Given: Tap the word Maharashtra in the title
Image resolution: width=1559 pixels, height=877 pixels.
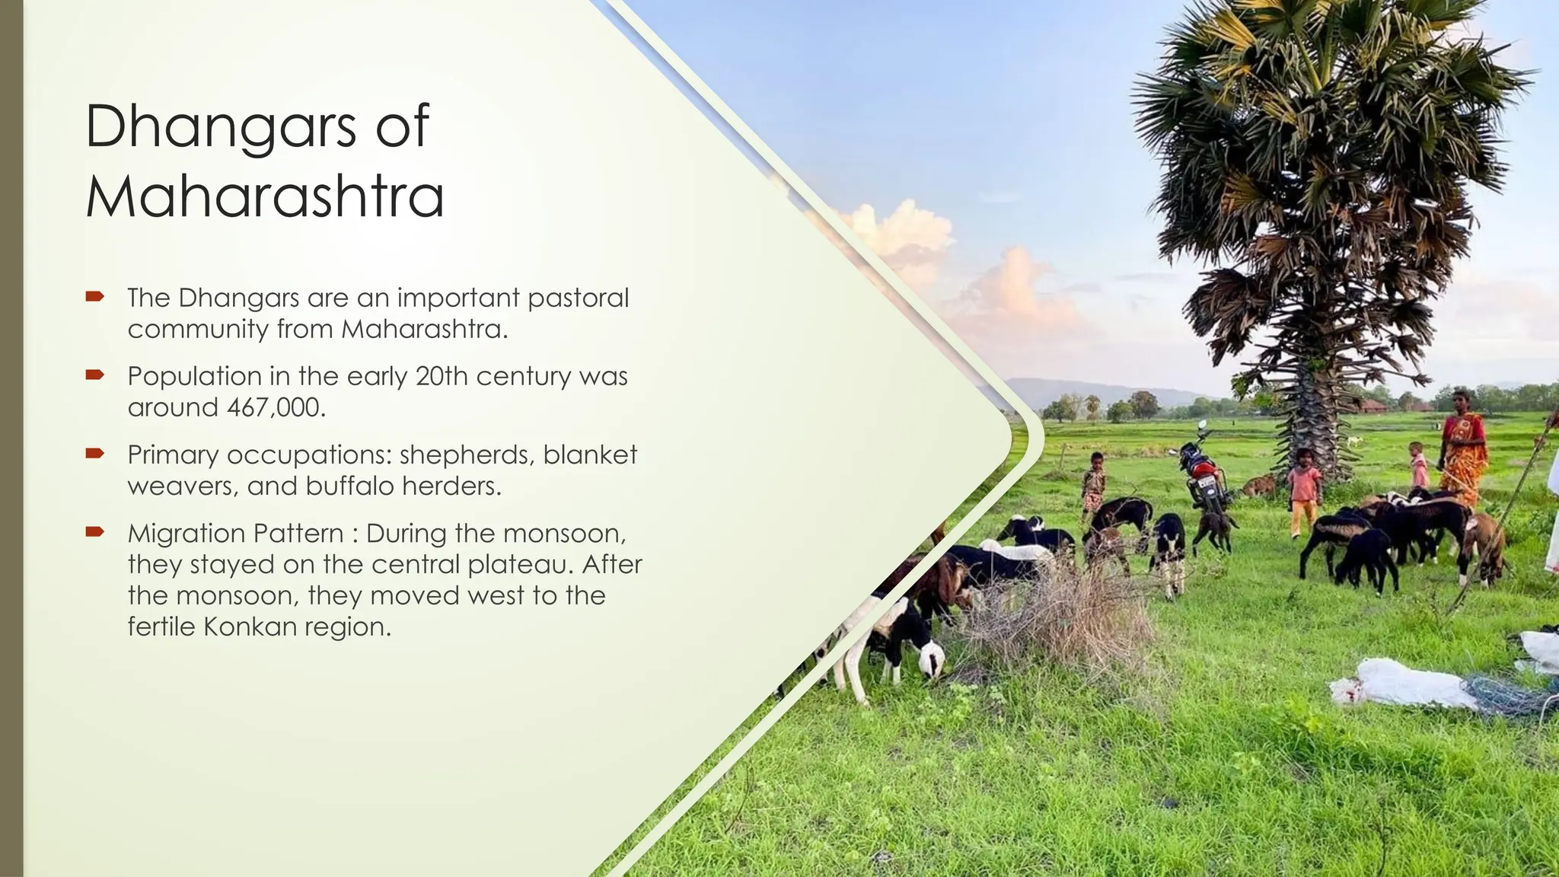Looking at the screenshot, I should [264, 196].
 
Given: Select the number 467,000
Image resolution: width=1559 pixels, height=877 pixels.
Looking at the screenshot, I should [276, 407].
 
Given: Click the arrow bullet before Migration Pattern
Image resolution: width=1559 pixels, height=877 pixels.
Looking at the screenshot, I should [94, 532].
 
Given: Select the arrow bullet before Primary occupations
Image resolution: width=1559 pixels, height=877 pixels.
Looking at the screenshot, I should [94, 454].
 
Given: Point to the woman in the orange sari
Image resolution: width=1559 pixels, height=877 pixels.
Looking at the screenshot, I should [1462, 449].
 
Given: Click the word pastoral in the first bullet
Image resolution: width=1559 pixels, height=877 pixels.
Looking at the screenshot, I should [578, 298].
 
